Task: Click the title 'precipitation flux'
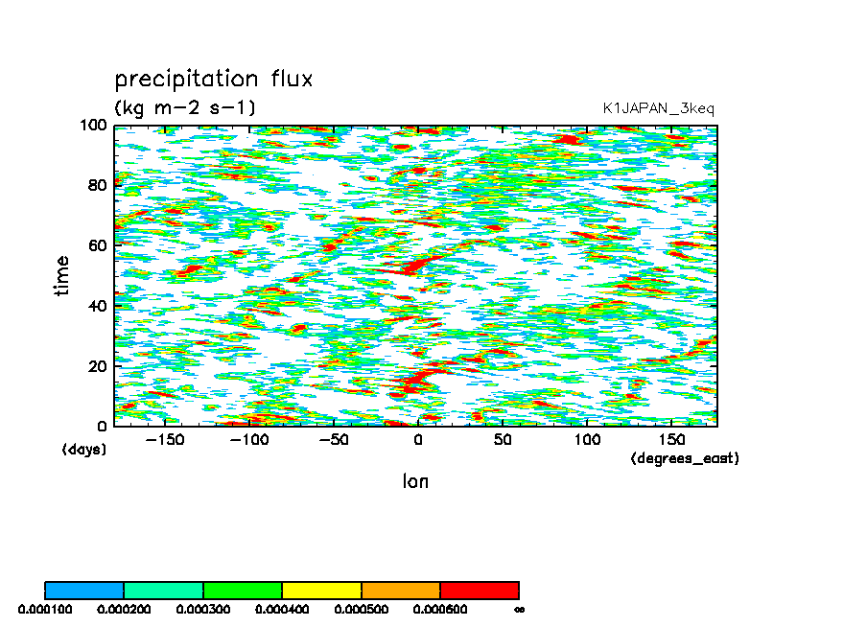pyautogui.click(x=214, y=79)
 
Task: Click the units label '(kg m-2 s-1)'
pyautogui.click(x=185, y=107)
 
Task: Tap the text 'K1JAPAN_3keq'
pyautogui.click(x=658, y=108)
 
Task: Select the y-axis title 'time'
pyautogui.click(x=62, y=275)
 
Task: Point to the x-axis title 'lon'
pyautogui.click(x=415, y=481)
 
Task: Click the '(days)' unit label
pyautogui.click(x=84, y=450)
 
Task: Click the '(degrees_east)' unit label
pyautogui.click(x=685, y=459)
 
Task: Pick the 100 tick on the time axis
pyautogui.click(x=94, y=126)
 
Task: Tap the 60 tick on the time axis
pyautogui.click(x=98, y=245)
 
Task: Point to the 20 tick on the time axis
pyautogui.click(x=98, y=366)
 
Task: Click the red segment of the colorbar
pyautogui.click(x=479, y=590)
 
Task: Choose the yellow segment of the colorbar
pyautogui.click(x=321, y=590)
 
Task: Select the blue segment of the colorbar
pyautogui.click(x=84, y=590)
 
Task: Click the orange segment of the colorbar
pyautogui.click(x=400, y=590)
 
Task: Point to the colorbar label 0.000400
pyautogui.click(x=282, y=609)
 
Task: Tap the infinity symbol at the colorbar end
pyautogui.click(x=519, y=609)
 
